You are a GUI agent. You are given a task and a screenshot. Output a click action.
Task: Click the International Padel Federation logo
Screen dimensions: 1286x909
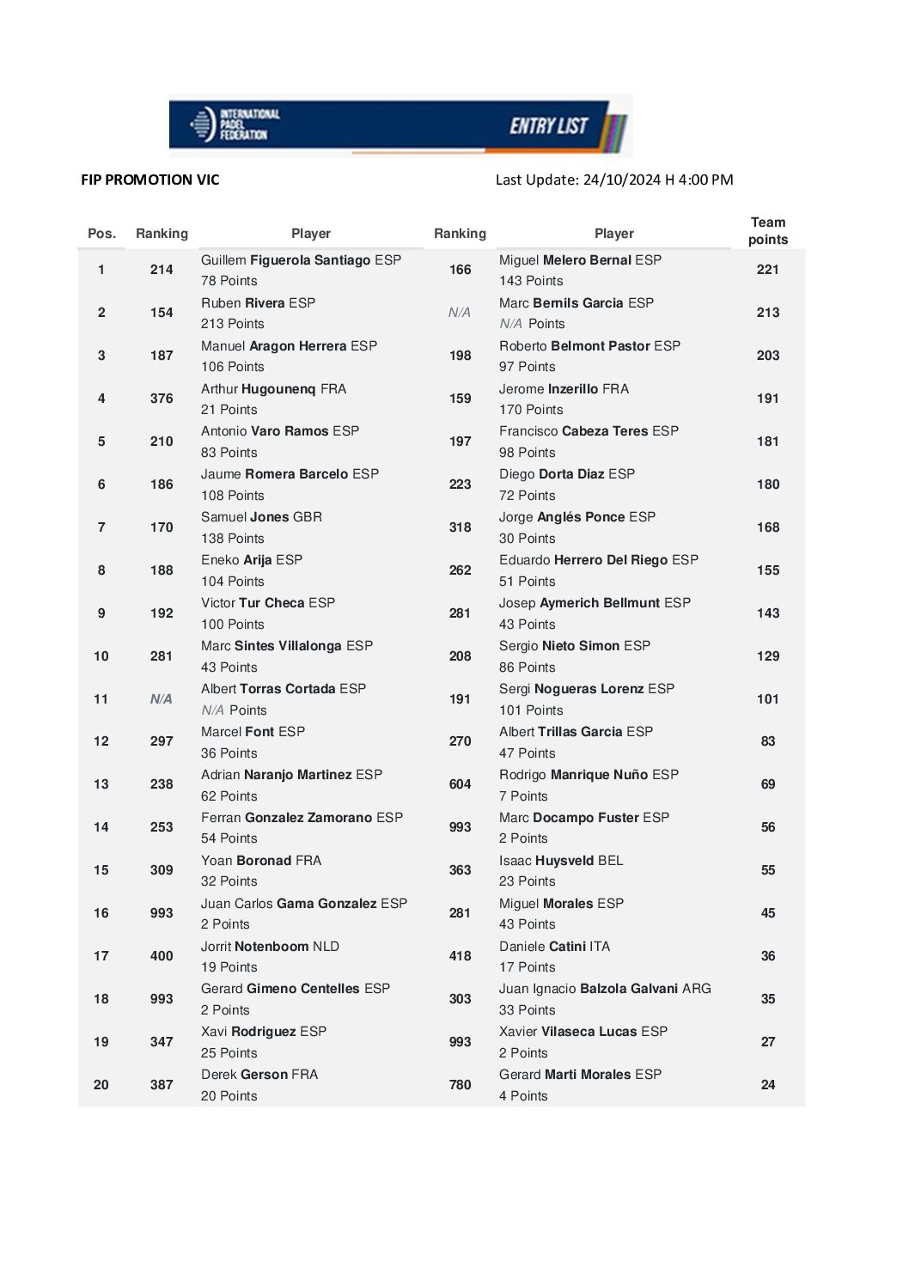click(x=235, y=125)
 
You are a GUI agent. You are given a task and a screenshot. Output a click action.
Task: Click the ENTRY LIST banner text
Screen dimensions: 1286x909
click(x=548, y=126)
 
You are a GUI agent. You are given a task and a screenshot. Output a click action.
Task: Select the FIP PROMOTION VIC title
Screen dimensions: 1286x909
click(x=150, y=180)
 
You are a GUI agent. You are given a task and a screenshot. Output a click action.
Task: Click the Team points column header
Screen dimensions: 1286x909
click(x=767, y=231)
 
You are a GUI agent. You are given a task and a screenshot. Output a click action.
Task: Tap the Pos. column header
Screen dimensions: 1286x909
click(x=101, y=234)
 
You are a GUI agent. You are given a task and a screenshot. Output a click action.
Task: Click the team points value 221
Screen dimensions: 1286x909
click(x=767, y=270)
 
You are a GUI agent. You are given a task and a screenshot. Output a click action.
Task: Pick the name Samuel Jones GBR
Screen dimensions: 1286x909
click(x=261, y=517)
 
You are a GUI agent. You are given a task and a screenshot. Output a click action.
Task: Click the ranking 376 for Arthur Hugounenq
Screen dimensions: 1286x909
click(x=162, y=399)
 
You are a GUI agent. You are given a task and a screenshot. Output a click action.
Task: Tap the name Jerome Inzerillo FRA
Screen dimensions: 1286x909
click(x=564, y=389)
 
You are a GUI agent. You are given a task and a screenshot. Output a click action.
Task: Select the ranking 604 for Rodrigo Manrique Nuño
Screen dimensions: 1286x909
click(x=460, y=784)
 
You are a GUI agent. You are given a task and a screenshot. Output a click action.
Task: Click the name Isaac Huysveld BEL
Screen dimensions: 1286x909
click(x=561, y=861)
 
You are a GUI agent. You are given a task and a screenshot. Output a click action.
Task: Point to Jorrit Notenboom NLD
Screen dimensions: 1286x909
click(x=270, y=947)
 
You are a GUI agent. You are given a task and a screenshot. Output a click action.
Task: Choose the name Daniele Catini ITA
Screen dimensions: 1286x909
click(x=554, y=947)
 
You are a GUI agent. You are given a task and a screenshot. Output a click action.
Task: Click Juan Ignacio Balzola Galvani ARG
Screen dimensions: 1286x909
click(x=605, y=989)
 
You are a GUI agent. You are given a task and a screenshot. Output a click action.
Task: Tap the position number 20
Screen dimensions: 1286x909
click(x=101, y=1085)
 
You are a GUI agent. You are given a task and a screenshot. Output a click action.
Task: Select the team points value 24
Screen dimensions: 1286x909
click(x=767, y=1085)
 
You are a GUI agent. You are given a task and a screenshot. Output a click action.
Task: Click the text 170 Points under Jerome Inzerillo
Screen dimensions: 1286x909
click(x=531, y=410)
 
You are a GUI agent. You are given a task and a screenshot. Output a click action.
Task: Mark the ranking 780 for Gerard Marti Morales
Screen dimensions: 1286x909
click(x=460, y=1085)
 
